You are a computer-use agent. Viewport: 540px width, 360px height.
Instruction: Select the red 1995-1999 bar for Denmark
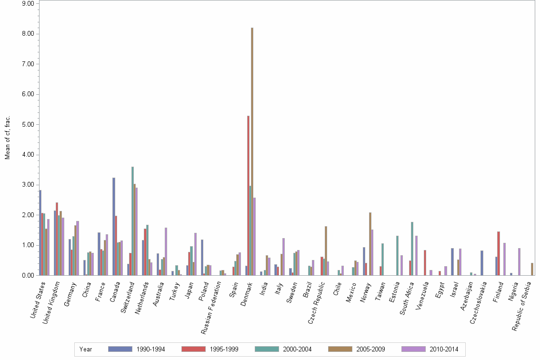pyautogui.click(x=248, y=195)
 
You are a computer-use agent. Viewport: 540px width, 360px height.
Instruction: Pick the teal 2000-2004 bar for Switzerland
pyautogui.click(x=132, y=221)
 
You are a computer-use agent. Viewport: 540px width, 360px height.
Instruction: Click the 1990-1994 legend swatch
pyautogui.click(x=120, y=349)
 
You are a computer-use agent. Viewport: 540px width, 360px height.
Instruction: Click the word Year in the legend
pyautogui.click(x=86, y=349)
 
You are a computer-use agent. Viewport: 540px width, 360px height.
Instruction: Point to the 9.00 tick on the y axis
pyautogui.click(x=28, y=3)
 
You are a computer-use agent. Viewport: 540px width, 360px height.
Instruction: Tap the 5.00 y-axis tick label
pyautogui.click(x=28, y=124)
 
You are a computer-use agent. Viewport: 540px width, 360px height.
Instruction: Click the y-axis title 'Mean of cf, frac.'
pyautogui.click(x=7, y=137)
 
